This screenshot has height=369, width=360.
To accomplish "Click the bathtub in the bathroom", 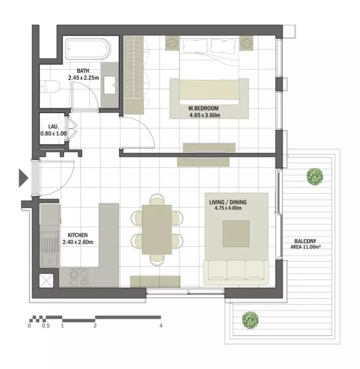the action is [87, 49].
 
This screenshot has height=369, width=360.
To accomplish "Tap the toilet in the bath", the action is [49, 86].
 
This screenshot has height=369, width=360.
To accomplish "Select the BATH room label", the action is [83, 70].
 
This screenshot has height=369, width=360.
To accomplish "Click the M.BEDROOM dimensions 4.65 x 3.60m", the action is [205, 115].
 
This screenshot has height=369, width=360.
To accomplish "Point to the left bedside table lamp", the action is [172, 43].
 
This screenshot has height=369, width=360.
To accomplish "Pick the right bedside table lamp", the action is [246, 43].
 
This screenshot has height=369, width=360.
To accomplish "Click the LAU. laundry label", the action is [53, 127].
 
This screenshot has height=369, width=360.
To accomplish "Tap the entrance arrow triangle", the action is [24, 178].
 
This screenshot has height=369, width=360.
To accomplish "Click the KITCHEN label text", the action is [78, 235].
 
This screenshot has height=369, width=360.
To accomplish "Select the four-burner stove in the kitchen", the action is [79, 278].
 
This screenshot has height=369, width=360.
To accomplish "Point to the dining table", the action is [157, 230].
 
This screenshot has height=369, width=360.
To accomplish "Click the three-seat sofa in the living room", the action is [236, 272].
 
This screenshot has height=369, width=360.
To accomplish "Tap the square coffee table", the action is [236, 234].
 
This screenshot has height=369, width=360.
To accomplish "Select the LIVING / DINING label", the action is [228, 202].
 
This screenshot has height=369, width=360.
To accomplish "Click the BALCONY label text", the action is [305, 241].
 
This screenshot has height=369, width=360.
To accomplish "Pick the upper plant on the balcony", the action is [315, 176].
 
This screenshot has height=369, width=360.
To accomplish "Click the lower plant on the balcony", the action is [250, 320].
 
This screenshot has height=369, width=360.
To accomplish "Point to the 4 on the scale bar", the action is [161, 326].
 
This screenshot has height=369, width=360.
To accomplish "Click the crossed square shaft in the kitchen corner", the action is [46, 281].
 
